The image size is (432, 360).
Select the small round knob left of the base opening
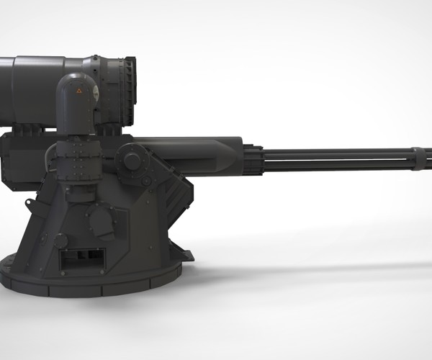click(x=60, y=240)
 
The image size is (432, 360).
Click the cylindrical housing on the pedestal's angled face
click(x=101, y=223)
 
